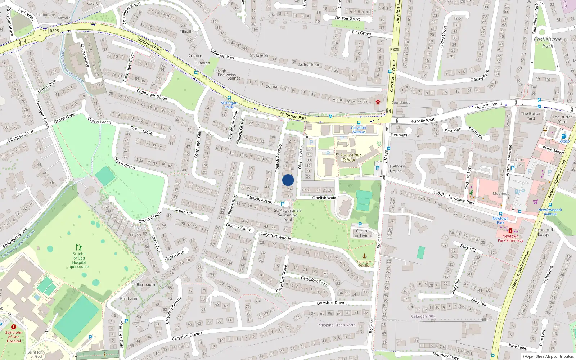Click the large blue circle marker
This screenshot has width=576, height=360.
pyautogui.click(x=288, y=180)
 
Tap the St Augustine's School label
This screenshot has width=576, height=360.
pyautogui.click(x=348, y=157)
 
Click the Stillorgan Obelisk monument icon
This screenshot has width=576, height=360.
pyautogui.click(x=364, y=256)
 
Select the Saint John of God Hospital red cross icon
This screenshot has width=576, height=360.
pyautogui.click(x=14, y=327)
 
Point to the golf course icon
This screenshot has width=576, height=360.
pyautogui.click(x=79, y=247)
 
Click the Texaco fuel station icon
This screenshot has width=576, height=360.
pyautogui.click(x=564, y=136)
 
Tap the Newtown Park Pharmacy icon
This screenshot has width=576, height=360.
pyautogui.click(x=510, y=231)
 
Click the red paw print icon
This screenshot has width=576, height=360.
pyautogui.click(x=378, y=102)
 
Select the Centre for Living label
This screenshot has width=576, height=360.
pyautogui.click(x=362, y=233)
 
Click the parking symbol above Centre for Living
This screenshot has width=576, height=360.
pyautogui.click(x=360, y=225)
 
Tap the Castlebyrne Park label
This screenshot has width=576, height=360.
pyautogui.click(x=548, y=42)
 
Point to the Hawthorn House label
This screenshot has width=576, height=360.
pyautogui.click(x=396, y=168)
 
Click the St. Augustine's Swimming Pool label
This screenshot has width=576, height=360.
pyautogui.click(x=288, y=215)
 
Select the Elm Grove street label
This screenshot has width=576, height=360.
pyautogui.click(x=361, y=33)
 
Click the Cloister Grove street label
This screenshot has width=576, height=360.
pyautogui.click(x=347, y=18)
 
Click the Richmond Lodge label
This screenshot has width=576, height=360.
pyautogui.click(x=543, y=232)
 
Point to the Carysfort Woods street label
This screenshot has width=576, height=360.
pyautogui.click(x=275, y=236)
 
